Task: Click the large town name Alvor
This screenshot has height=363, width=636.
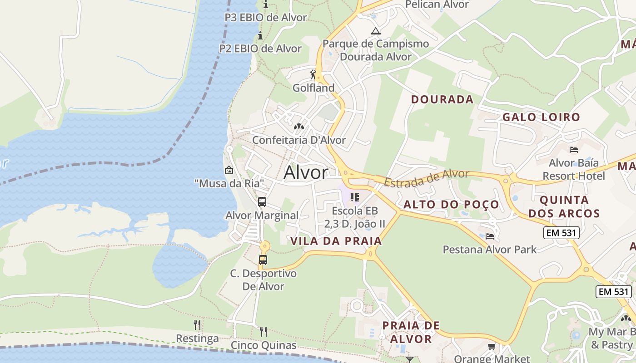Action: tap(306, 173)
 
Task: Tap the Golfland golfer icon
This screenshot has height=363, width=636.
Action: tap(313, 74)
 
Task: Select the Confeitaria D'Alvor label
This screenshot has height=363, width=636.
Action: tap(299, 140)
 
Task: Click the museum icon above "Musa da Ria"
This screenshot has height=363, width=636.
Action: tap(229, 171)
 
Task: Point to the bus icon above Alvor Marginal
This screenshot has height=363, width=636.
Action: tap(262, 202)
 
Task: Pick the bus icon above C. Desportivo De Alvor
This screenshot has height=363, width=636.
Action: tap(263, 260)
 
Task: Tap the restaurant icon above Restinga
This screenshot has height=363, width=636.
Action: tap(197, 325)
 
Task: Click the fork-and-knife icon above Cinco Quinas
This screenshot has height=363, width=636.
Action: tap(263, 332)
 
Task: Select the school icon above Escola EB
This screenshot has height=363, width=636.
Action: tap(355, 197)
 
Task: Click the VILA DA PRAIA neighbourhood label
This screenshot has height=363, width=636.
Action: tap(336, 241)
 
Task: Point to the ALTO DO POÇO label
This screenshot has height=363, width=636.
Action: tap(451, 205)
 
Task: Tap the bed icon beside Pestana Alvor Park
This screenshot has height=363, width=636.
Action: tap(490, 236)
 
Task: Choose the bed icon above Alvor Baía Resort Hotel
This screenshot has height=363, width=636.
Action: tap(574, 150)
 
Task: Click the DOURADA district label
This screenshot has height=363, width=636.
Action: tap(442, 99)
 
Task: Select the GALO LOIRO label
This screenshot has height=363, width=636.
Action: tap(541, 117)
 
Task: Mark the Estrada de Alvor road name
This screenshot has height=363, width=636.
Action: tap(426, 178)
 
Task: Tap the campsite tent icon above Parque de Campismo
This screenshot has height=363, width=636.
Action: tap(375, 31)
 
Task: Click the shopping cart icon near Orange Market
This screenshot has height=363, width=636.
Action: tap(492, 347)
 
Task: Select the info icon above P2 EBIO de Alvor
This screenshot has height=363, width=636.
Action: tap(260, 36)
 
